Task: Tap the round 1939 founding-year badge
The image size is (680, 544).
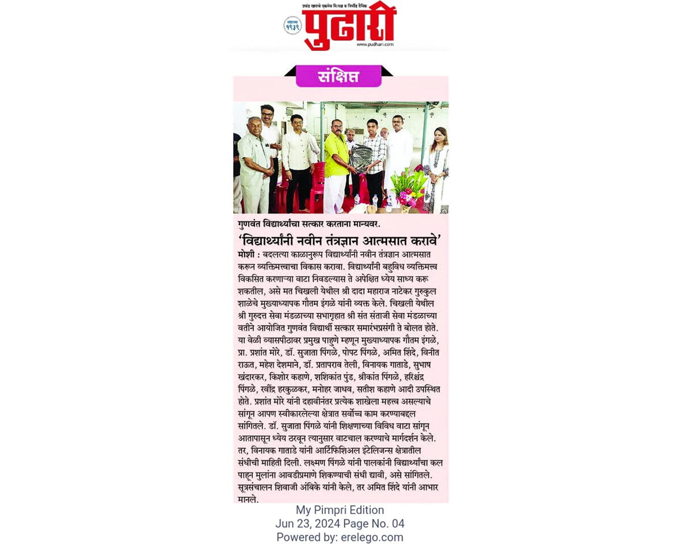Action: click(292, 26)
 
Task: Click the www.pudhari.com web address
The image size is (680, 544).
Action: click(375, 44)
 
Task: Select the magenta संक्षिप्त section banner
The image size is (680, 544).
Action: click(338, 76)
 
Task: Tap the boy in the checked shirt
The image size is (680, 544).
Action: click(374, 156)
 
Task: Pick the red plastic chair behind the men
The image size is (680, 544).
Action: click(316, 186)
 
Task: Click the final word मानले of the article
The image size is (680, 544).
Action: click(248, 499)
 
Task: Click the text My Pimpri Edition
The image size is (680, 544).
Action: click(339, 510)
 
